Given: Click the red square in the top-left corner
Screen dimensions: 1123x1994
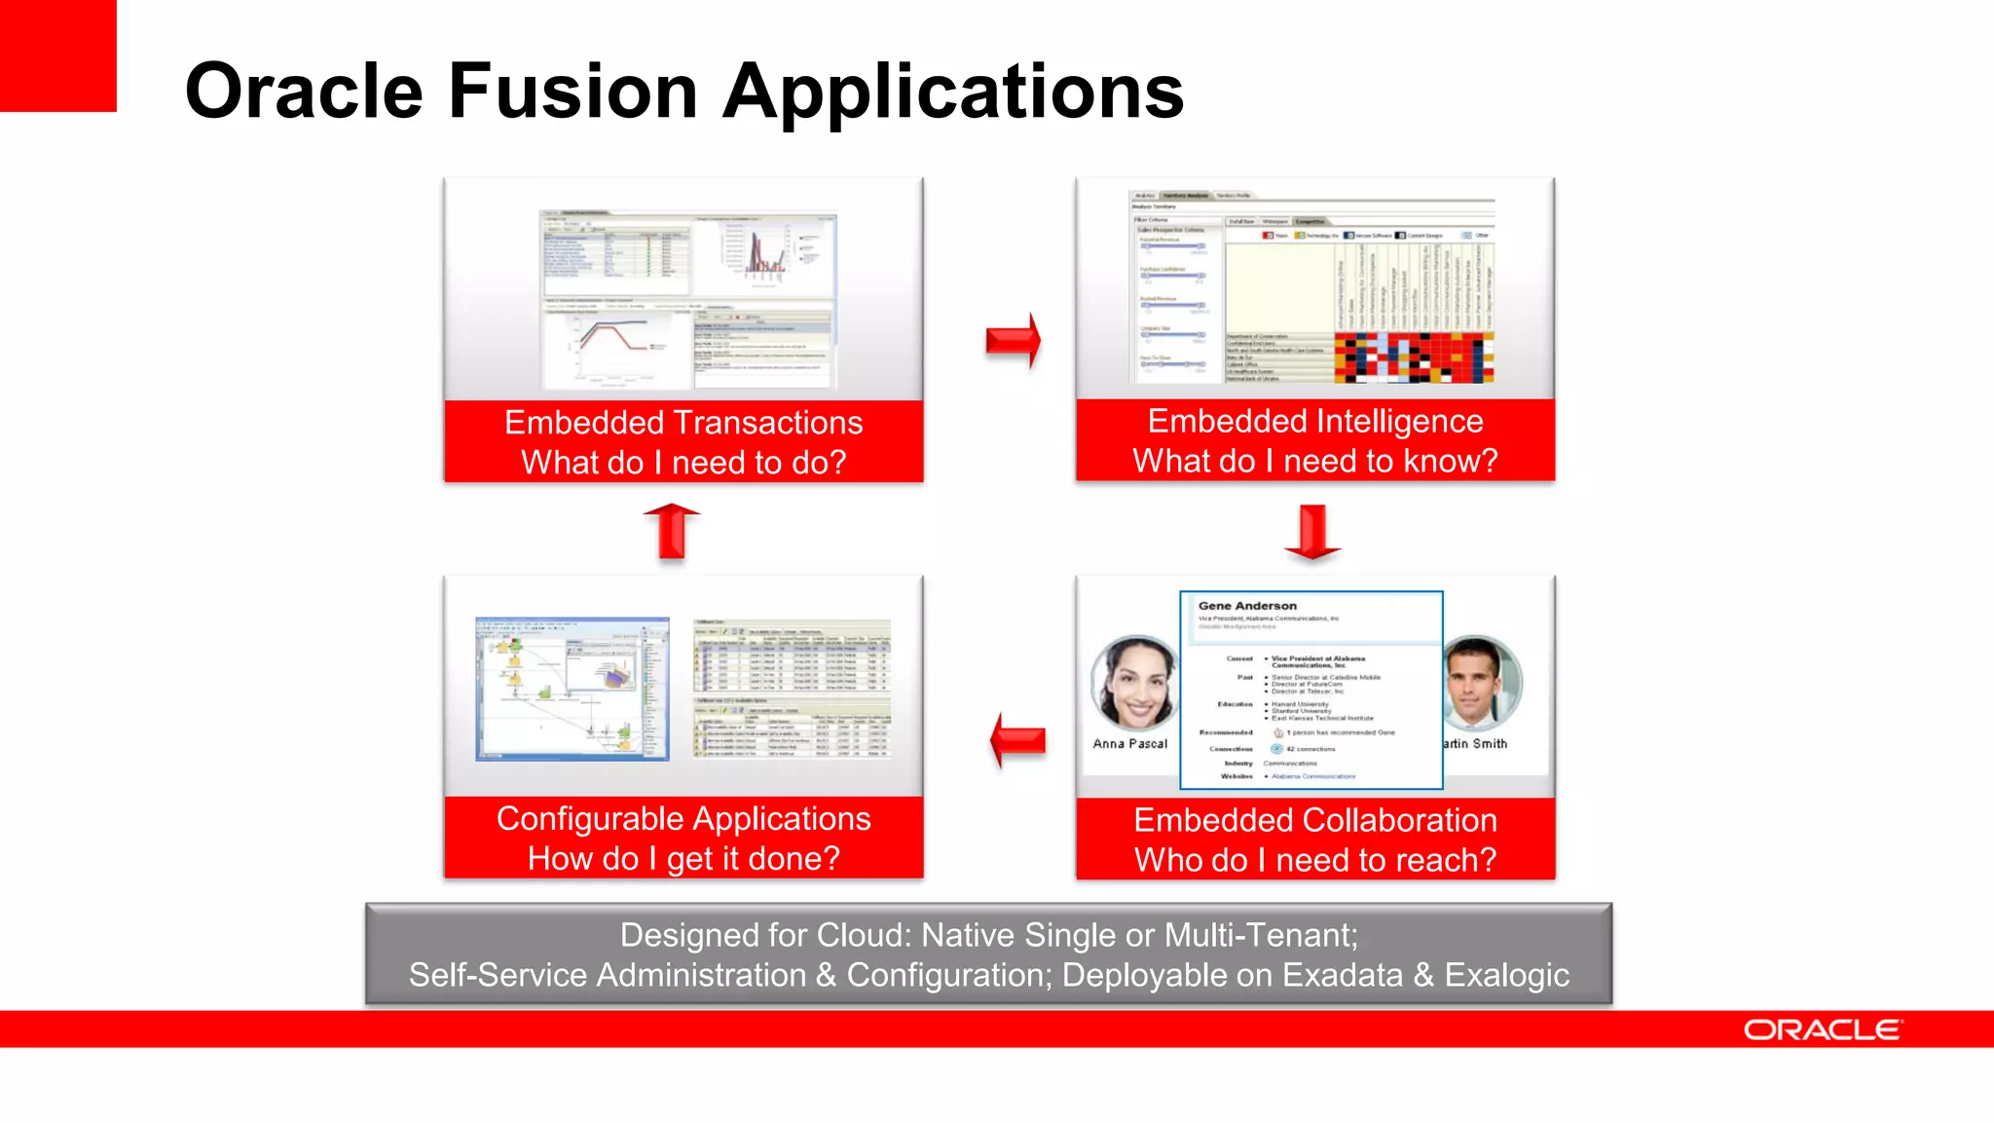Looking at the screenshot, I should (x=57, y=55).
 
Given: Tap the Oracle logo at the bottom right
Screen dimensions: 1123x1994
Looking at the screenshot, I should (x=1822, y=1029).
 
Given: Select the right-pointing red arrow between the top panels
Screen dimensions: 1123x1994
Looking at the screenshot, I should (x=1013, y=340).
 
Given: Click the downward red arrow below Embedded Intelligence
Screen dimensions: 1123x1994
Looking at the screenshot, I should (x=1312, y=532).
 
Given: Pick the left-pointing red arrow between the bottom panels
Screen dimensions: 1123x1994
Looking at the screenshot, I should (x=1017, y=741).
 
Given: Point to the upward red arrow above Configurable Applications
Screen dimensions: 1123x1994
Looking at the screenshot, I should (x=672, y=531).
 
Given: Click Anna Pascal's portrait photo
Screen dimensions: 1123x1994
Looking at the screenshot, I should (x=1133, y=685).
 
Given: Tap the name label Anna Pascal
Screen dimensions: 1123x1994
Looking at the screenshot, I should (x=1129, y=743).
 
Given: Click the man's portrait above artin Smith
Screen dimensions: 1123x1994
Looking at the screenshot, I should (x=1480, y=684).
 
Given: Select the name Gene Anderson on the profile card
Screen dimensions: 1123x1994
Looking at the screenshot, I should (x=1247, y=606).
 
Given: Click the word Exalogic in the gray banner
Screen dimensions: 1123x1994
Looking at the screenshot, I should (x=1506, y=975).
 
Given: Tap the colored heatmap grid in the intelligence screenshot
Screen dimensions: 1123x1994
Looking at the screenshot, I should (x=1413, y=357).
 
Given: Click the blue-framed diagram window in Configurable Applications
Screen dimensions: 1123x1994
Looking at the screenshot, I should (x=572, y=689).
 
